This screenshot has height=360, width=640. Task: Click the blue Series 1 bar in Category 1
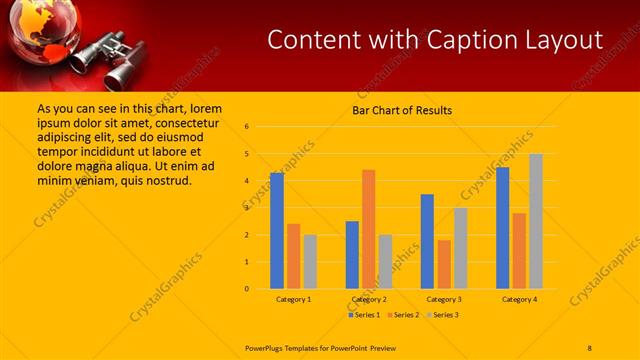277,231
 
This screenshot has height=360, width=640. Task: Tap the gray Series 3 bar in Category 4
536,221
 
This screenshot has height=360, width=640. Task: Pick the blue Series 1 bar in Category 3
427,241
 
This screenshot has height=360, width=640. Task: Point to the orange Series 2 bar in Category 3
443,264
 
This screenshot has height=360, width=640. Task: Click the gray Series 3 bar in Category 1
310,262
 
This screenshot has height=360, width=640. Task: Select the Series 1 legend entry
364,315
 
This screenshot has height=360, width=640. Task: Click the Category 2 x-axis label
368,299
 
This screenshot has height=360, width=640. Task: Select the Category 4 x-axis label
519,299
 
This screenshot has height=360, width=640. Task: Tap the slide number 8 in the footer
590,346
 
